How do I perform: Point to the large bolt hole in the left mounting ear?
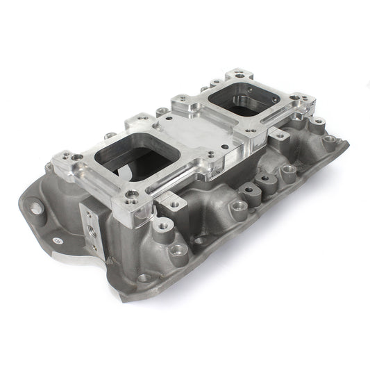click(33, 206)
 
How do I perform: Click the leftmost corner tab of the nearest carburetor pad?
click(63, 157)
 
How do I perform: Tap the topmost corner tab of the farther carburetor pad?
click(239, 73)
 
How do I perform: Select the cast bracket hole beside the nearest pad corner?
click(163, 226)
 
